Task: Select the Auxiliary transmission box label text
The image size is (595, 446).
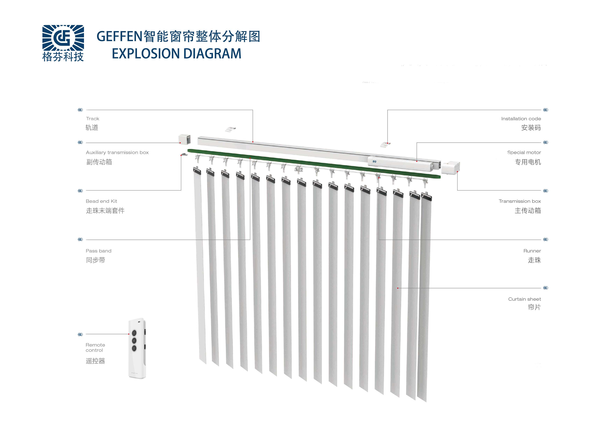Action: [x=117, y=152]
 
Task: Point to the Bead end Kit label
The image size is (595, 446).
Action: [x=101, y=201]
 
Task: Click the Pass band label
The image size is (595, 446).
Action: [x=98, y=251]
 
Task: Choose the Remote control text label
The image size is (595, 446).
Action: [x=95, y=347]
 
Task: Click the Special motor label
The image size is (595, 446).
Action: [x=524, y=152]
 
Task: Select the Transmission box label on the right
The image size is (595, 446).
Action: [x=519, y=201]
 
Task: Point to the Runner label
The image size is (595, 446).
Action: [x=532, y=251]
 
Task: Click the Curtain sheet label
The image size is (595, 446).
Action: [x=524, y=299]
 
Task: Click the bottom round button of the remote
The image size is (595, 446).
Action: [x=134, y=348]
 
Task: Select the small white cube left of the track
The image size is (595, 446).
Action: [x=185, y=139]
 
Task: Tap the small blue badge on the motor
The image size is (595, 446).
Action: [x=374, y=162]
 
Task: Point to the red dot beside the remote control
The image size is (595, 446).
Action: [x=129, y=334]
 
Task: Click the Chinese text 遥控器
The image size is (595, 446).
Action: [x=95, y=361]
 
